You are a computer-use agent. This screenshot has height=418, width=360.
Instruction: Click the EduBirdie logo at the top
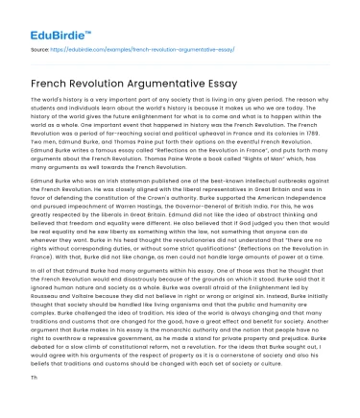click(42, 17)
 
